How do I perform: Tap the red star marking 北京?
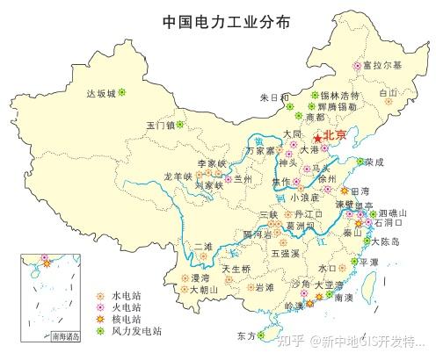coord(317,138)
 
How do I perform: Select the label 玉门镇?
coord(161,125)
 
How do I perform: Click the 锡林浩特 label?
coord(340,95)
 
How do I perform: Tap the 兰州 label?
coord(243,179)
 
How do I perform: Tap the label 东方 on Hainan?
coord(246,335)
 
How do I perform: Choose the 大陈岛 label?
coord(385,241)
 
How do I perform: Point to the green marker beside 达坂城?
coord(122,91)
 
